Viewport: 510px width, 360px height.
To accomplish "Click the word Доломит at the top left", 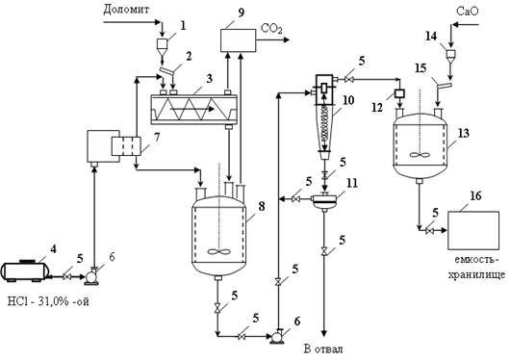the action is tap(126, 10).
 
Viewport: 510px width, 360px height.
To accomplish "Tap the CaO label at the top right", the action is tap(468, 12).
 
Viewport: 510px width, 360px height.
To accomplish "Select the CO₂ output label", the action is tap(271, 29).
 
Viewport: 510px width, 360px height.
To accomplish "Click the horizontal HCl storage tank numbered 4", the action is tap(25, 270).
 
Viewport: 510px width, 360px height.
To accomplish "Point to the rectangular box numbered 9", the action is tap(238, 40).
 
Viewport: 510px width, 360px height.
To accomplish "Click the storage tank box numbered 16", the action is tap(473, 230).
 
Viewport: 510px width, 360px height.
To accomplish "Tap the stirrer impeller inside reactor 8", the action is tap(219, 251).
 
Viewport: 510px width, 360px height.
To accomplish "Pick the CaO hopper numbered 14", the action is tap(450, 55).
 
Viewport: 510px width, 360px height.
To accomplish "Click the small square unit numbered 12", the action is tap(399, 93).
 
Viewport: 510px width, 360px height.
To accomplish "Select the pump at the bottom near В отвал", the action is tap(277, 337).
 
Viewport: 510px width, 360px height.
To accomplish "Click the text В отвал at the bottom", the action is tap(323, 349).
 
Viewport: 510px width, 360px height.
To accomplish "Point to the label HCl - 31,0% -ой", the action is tap(48, 302).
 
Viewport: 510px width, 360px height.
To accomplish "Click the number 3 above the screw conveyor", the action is tap(209, 78).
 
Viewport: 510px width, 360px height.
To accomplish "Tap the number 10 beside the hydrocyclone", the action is tap(347, 100).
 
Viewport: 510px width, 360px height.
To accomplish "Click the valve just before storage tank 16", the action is tap(430, 231).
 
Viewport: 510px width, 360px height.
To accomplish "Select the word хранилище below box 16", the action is tap(477, 275).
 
